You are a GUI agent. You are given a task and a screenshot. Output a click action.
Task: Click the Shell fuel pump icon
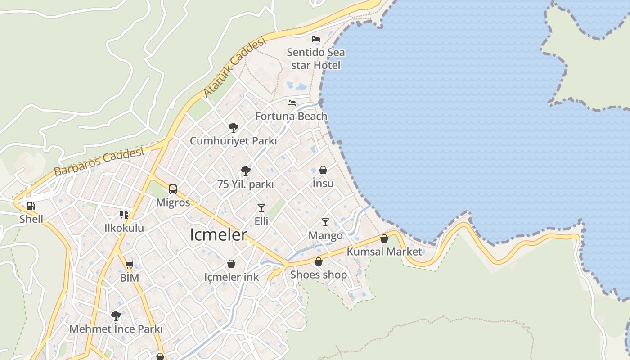[31, 206]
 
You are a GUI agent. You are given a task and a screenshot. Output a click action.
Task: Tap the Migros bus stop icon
[173, 189]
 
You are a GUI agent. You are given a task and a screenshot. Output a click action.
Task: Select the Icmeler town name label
[219, 234]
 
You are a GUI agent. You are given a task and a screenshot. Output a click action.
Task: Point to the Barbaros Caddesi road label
[99, 162]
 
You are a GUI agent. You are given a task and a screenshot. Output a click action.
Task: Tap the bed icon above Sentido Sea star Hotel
[316, 39]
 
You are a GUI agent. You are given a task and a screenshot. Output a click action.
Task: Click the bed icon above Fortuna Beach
[292, 103]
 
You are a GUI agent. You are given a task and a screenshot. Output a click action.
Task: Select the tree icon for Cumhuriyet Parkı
[233, 127]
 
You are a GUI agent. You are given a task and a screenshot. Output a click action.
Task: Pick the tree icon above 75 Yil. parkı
[245, 171]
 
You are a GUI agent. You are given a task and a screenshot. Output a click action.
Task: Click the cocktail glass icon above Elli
[261, 207]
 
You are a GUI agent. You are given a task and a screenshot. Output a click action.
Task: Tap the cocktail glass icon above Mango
[325, 222]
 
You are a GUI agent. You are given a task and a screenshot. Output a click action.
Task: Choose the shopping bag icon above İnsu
[323, 170]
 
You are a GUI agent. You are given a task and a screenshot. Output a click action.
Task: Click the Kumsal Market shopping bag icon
[384, 238]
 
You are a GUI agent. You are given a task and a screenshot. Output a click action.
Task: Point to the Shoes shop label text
[319, 274]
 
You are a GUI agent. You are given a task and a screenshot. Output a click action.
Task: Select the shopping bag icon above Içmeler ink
[231, 264]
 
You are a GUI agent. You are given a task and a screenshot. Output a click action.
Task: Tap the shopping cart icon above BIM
[130, 265]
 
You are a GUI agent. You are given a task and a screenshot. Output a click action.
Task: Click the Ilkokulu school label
[124, 228]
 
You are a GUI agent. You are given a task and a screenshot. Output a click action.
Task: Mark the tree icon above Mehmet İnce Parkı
[116, 315]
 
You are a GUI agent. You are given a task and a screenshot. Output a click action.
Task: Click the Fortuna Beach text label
[291, 116]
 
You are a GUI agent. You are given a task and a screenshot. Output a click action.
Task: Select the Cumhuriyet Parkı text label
[233, 140]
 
